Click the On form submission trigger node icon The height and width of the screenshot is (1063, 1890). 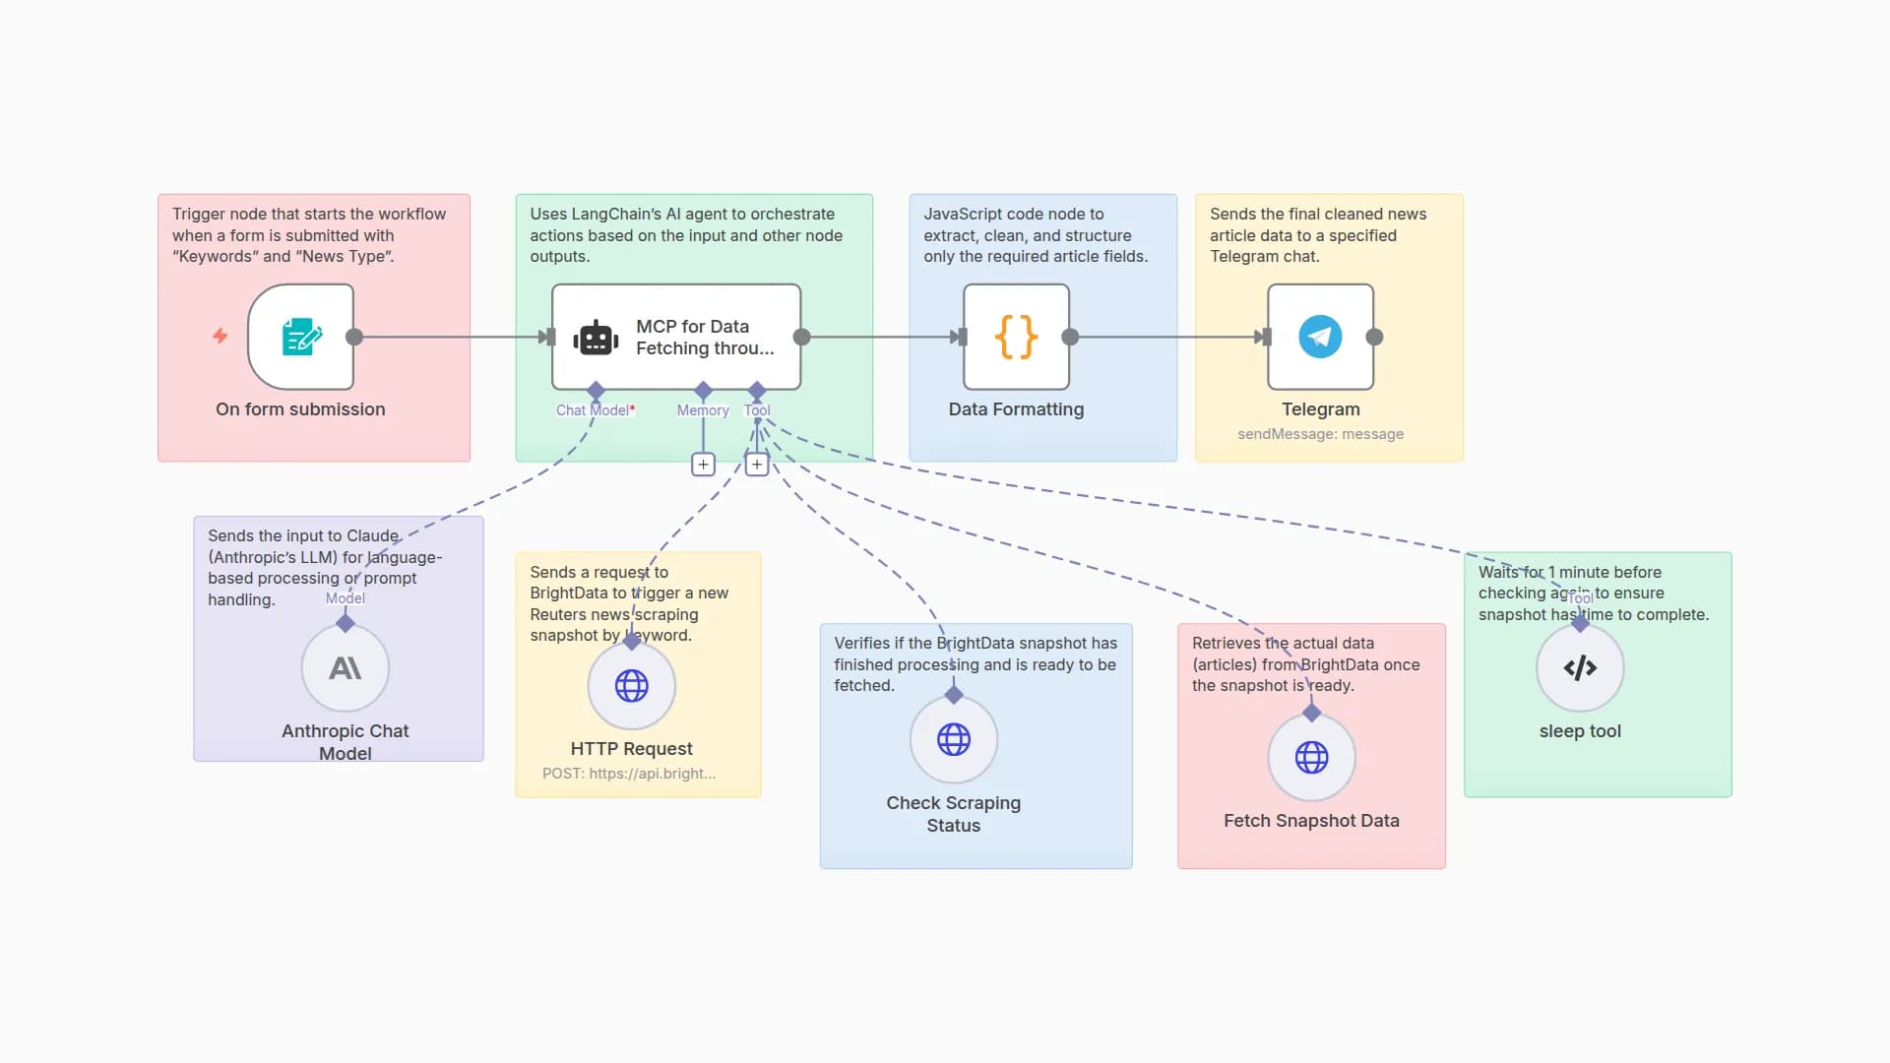(301, 337)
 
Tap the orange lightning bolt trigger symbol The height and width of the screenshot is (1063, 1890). (220, 336)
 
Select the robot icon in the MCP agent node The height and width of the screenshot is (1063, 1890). (596, 338)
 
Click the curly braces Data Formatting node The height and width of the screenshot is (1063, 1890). (1016, 337)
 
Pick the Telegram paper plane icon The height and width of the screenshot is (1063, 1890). (1320, 337)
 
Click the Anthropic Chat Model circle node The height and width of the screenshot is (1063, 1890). (345, 668)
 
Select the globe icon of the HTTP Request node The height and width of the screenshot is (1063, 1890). (631, 685)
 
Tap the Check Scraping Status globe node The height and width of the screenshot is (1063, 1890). (953, 739)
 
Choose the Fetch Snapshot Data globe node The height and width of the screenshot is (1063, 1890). (1311, 757)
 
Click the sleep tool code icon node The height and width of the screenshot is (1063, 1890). (1580, 668)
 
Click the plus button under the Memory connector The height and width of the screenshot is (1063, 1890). (703, 465)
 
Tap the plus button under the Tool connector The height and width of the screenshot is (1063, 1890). (756, 465)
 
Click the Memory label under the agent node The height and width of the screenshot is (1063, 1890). (703, 410)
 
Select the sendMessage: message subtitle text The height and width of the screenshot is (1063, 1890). (1320, 434)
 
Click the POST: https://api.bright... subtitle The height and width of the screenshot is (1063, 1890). (629, 774)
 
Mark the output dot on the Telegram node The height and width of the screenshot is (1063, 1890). (1375, 337)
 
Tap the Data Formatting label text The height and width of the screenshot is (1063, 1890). (1016, 409)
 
